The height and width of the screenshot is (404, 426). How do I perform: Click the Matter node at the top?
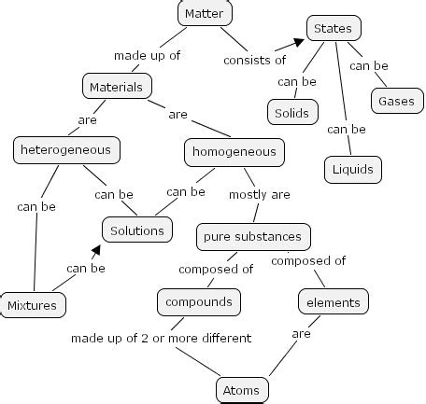click(x=205, y=13)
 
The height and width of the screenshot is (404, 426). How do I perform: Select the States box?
click(x=334, y=29)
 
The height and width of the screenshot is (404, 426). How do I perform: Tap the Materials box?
click(x=116, y=87)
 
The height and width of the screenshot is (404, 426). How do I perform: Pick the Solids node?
click(x=292, y=113)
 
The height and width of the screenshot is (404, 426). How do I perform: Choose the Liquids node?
click(x=353, y=169)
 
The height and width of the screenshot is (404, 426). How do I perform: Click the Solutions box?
click(x=137, y=230)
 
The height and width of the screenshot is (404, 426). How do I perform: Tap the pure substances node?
click(x=252, y=236)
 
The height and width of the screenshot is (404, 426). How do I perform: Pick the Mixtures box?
click(x=33, y=305)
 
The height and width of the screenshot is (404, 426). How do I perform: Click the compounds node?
click(x=198, y=301)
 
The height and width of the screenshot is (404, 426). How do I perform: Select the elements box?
click(x=334, y=302)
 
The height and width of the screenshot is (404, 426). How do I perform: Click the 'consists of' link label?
click(x=254, y=61)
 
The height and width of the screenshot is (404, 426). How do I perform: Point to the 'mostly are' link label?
click(x=260, y=195)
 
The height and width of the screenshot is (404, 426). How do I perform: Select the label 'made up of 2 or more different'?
click(x=162, y=338)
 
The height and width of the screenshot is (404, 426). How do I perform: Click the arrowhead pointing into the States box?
click(x=298, y=42)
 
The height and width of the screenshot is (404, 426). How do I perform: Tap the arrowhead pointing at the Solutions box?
click(x=95, y=250)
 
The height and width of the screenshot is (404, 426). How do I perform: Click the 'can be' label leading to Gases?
click(x=369, y=66)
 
